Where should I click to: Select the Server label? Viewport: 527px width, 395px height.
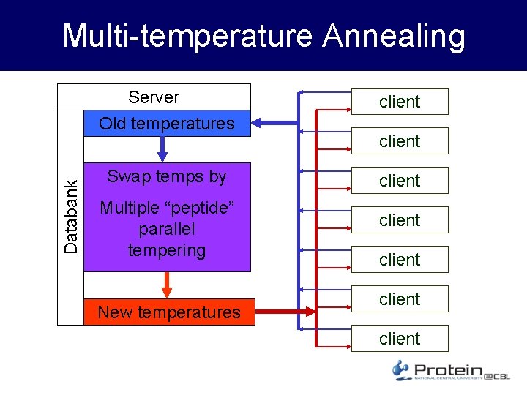(154, 97)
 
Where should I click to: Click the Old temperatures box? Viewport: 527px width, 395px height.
(167, 124)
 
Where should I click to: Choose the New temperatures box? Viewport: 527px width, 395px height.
(169, 312)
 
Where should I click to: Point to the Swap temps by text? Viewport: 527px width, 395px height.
(167, 176)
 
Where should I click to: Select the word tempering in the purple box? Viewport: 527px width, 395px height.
(167, 250)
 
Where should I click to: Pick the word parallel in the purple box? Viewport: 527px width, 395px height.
(167, 229)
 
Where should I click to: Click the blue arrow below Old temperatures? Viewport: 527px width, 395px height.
(163, 148)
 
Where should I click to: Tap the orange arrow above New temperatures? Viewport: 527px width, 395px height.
(167, 285)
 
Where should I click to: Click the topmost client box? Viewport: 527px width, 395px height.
(400, 102)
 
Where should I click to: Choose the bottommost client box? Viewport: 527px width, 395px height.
(400, 339)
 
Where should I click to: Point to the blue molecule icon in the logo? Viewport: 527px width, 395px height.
(400, 370)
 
